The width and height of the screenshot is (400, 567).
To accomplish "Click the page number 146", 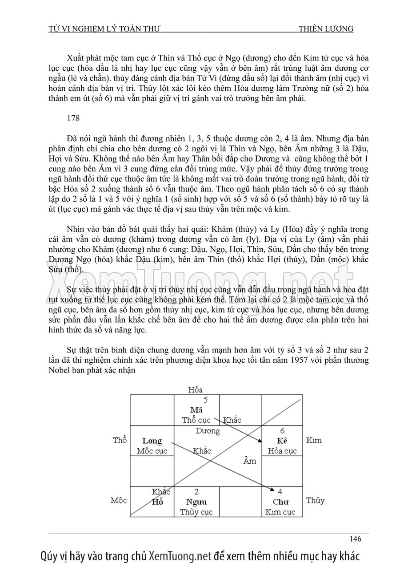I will (355, 539).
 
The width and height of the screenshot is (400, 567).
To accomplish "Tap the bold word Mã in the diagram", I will (196, 409).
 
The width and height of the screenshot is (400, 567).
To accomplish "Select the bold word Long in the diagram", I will (152, 441).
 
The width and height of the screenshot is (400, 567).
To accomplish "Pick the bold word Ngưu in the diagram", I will (196, 502).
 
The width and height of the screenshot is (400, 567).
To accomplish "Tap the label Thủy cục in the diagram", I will (196, 512).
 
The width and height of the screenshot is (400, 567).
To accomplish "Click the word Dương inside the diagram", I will (208, 431).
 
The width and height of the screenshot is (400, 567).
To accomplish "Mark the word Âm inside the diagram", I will (250, 461).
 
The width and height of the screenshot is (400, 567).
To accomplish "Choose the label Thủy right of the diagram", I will (315, 500).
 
